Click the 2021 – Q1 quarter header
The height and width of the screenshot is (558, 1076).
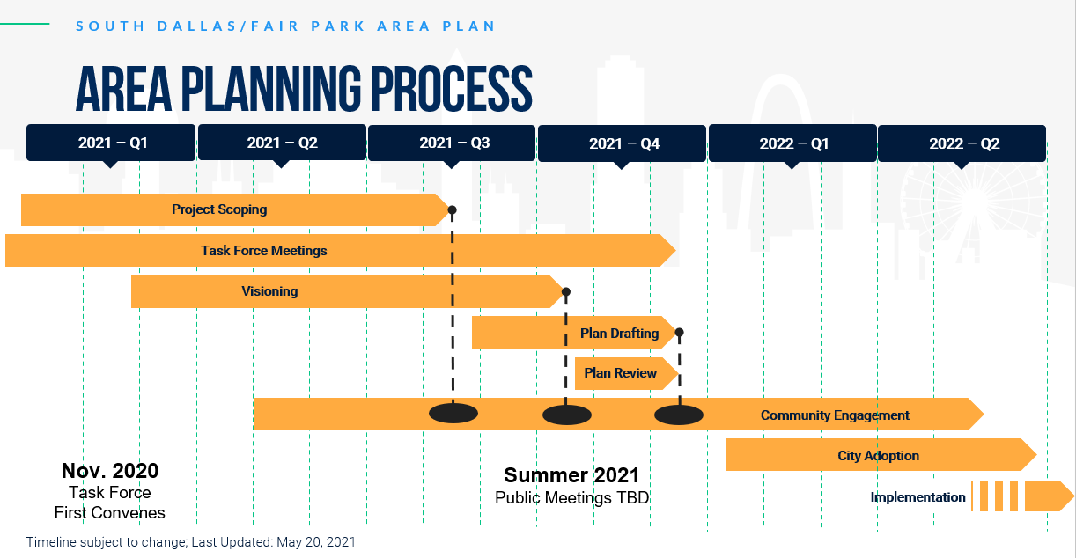pyautogui.click(x=111, y=143)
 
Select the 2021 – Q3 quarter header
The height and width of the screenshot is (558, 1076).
pyautogui.click(x=452, y=143)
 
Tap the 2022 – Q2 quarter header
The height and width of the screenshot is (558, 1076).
pyautogui.click(x=962, y=143)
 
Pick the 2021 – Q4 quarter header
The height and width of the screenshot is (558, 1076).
pyautogui.click(x=622, y=143)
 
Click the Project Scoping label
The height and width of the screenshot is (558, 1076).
pyautogui.click(x=219, y=209)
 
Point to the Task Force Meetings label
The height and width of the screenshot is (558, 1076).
pyautogui.click(x=263, y=251)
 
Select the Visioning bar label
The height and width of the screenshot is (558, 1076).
pyautogui.click(x=269, y=291)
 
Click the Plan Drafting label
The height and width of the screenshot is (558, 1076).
pyautogui.click(x=619, y=334)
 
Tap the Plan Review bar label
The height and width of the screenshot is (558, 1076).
pyautogui.click(x=620, y=373)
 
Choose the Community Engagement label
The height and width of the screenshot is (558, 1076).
pyautogui.click(x=835, y=415)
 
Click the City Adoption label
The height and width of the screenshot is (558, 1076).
pyautogui.click(x=878, y=456)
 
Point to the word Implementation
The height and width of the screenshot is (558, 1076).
pyautogui.click(x=918, y=497)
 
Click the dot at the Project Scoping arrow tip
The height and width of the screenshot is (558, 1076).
pyautogui.click(x=452, y=209)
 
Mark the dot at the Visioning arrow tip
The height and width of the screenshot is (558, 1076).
pyautogui.click(x=566, y=291)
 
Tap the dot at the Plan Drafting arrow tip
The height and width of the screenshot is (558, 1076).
pyautogui.click(x=679, y=333)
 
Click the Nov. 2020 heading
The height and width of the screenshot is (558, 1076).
pyautogui.click(x=110, y=471)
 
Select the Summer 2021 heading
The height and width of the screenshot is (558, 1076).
pyautogui.click(x=571, y=475)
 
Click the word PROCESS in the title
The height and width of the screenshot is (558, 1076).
pyautogui.click(x=452, y=89)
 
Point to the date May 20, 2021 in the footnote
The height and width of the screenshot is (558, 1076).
pyautogui.click(x=316, y=542)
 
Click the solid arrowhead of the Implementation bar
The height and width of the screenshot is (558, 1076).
pyautogui.click(x=1049, y=496)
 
